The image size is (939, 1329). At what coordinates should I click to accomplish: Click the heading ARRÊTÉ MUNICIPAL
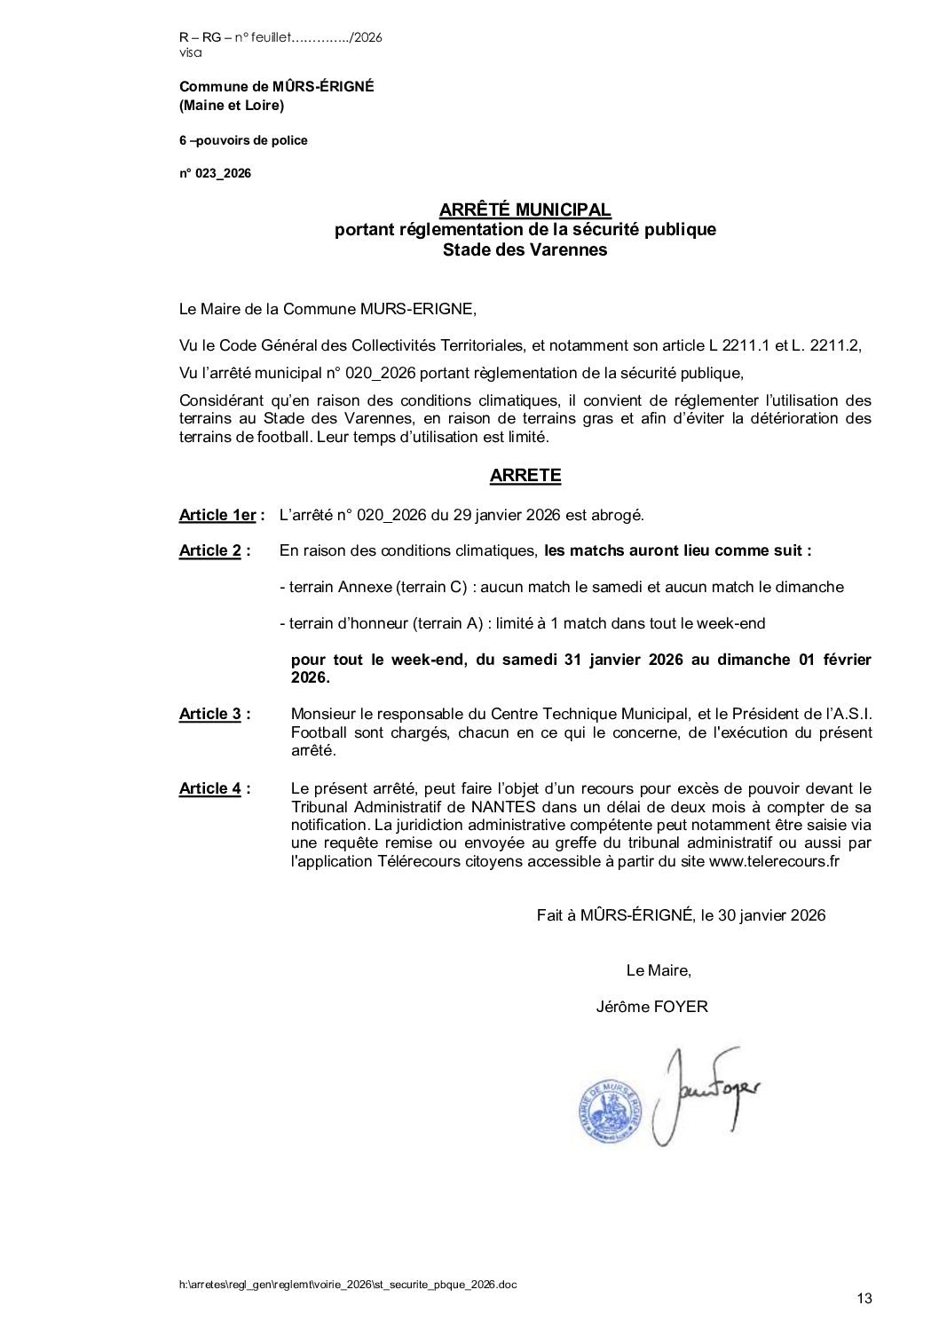(525, 210)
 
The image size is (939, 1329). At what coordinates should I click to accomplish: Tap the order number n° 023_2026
(215, 173)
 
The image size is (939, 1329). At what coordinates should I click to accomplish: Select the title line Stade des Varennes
(525, 249)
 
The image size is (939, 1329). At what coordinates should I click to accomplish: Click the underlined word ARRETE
(525, 475)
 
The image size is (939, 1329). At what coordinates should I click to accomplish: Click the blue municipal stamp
(610, 1110)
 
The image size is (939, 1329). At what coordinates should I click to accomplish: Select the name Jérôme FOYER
(652, 1007)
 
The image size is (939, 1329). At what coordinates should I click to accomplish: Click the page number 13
(864, 1299)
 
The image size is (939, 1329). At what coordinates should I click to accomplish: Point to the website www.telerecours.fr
(774, 861)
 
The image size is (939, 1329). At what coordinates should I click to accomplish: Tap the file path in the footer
(347, 1284)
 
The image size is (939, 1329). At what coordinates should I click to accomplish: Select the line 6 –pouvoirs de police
(243, 140)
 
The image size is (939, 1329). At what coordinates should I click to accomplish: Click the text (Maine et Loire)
(232, 106)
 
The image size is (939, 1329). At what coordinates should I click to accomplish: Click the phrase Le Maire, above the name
(658, 970)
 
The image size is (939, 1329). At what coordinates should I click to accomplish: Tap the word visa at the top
(190, 52)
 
